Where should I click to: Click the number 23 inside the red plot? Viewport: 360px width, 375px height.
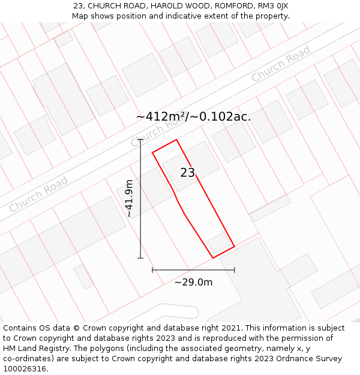(188, 173)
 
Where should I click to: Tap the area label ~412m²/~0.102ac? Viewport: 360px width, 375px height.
(193, 117)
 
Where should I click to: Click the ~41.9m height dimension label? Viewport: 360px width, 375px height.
(129, 199)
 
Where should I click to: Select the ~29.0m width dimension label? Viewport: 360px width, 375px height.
(193, 282)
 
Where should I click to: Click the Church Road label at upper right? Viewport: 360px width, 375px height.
(280, 64)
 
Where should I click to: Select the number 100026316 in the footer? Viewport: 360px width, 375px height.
(25, 369)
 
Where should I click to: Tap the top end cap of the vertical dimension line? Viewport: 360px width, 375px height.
(140, 140)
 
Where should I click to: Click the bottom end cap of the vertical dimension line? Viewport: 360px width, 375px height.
(140, 258)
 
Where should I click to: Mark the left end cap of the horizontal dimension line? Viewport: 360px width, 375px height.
(152, 270)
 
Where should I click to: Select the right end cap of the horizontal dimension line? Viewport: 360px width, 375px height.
(234, 270)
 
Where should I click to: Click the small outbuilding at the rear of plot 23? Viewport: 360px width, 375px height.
(218, 243)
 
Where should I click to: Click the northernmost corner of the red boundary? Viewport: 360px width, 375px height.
(176, 140)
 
